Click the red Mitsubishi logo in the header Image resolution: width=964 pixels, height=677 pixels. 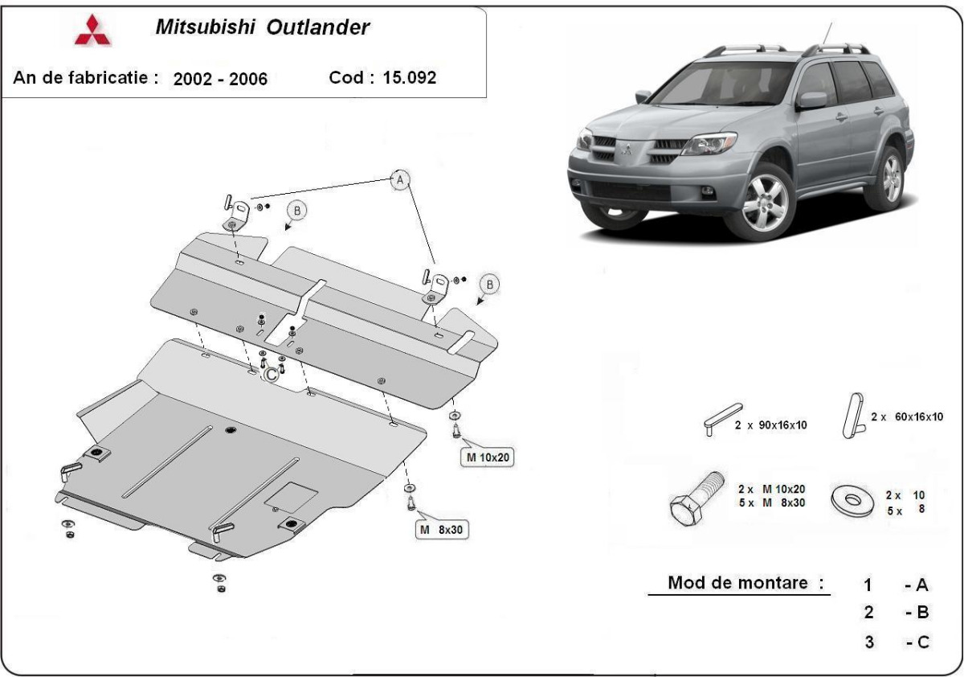pyautogui.click(x=89, y=30)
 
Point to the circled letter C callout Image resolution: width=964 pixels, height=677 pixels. pyautogui.click(x=272, y=373)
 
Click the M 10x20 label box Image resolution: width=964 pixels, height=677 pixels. pyautogui.click(x=485, y=458)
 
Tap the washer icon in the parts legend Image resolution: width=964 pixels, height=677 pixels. pyautogui.click(x=855, y=500)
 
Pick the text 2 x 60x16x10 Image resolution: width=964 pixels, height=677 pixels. pyautogui.click(x=906, y=416)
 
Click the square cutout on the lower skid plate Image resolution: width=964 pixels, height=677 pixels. pyautogui.click(x=292, y=497)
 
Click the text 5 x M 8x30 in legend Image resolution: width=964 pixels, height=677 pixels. pyautogui.click(x=772, y=503)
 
